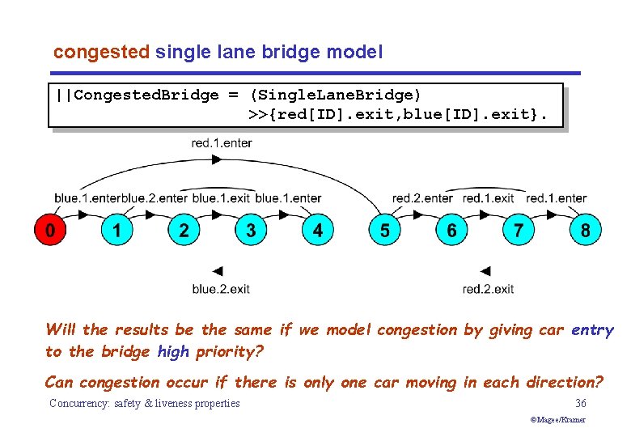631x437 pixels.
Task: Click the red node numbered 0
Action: pos(49,231)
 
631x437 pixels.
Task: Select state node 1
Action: pos(116,231)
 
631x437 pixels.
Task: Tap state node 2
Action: pos(184,231)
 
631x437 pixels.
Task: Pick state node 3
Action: pos(251,231)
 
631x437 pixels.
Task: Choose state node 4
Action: pos(317,231)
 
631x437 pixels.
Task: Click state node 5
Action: pos(384,231)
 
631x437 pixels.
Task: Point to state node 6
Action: pos(451,231)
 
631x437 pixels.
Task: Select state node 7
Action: pos(519,231)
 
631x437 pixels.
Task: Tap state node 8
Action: pos(585,231)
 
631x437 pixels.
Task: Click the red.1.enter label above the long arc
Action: pos(222,143)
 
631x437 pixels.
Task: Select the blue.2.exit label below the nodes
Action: pos(221,289)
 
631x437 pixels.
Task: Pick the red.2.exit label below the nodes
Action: pos(488,289)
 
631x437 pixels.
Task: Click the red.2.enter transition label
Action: pos(422,198)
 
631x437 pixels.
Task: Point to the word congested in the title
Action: pos(101,53)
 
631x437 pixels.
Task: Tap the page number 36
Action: pos(580,403)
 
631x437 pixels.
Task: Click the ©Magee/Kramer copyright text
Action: pos(558,420)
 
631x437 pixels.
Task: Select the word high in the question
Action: pos(172,352)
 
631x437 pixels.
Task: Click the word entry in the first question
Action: pos(592,330)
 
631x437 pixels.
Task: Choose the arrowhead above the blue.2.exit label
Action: pos(217,271)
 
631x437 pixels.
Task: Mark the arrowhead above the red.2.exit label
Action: pos(485,271)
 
